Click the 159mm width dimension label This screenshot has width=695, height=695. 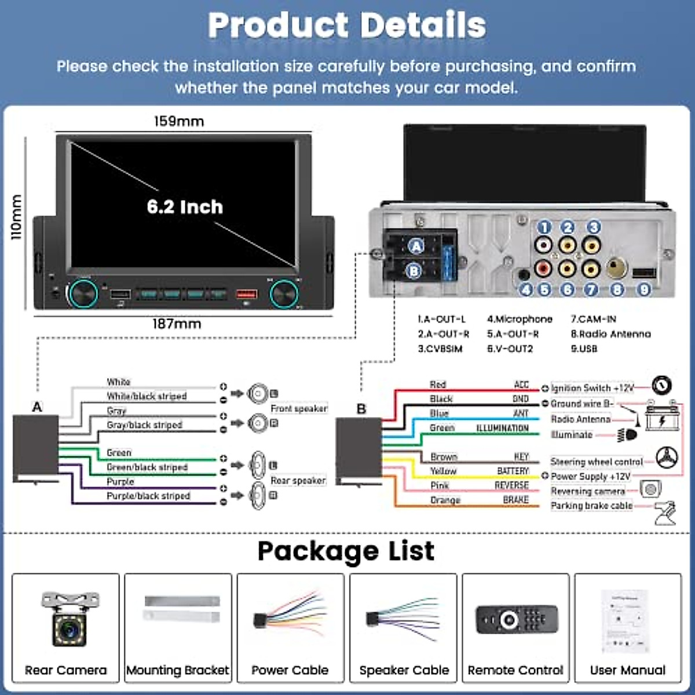(x=178, y=122)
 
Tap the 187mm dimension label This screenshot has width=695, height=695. (x=177, y=324)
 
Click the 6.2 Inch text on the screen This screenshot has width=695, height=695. (x=185, y=207)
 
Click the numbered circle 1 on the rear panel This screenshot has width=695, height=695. (x=543, y=227)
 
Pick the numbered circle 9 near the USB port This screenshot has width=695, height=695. (x=643, y=289)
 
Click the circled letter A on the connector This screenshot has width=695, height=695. (x=416, y=246)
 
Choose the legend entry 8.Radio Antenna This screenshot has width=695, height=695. (x=610, y=334)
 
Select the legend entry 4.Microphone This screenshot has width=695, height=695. (x=520, y=319)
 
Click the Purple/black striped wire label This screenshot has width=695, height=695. (x=148, y=496)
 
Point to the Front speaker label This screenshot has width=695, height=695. (x=299, y=409)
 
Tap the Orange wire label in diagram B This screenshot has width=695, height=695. (x=445, y=500)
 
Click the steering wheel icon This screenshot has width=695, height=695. (x=667, y=458)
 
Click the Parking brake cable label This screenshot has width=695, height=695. (x=591, y=506)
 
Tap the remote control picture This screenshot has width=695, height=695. (x=517, y=620)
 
